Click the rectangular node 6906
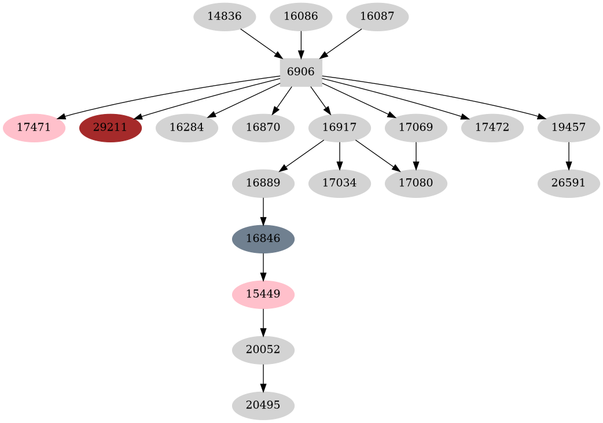tap(301, 72)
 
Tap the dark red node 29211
tap(111, 128)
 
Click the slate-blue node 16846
tap(263, 239)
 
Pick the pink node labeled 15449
tap(263, 295)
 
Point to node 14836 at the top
tap(225, 17)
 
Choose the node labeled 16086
tap(301, 17)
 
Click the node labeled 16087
tap(377, 17)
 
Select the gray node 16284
tap(187, 128)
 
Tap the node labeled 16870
tap(263, 128)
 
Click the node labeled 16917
tap(340, 128)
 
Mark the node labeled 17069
tap(416, 128)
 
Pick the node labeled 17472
tap(492, 128)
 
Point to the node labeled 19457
tap(569, 128)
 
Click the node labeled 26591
tap(569, 183)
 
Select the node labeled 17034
tap(340, 183)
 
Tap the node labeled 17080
tap(416, 183)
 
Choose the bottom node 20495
tap(263, 406)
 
